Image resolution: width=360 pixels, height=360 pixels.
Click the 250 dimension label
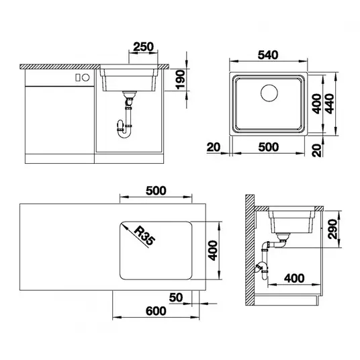pos(143,46)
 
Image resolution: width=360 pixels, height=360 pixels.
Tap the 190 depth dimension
pos(181,80)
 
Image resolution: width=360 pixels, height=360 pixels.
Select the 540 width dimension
pos(268,55)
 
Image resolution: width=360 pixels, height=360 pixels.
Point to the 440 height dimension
pos(330,104)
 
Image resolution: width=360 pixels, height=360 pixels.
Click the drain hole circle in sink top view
pos(269,93)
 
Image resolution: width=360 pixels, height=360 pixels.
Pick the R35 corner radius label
pos(144,236)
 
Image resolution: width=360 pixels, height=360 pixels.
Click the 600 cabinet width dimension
pos(156,311)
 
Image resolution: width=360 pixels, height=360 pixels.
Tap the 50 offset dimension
pos(176,298)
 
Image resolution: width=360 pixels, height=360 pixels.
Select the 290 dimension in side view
pos(332,229)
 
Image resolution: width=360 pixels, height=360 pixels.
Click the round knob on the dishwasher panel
pos(86,78)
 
